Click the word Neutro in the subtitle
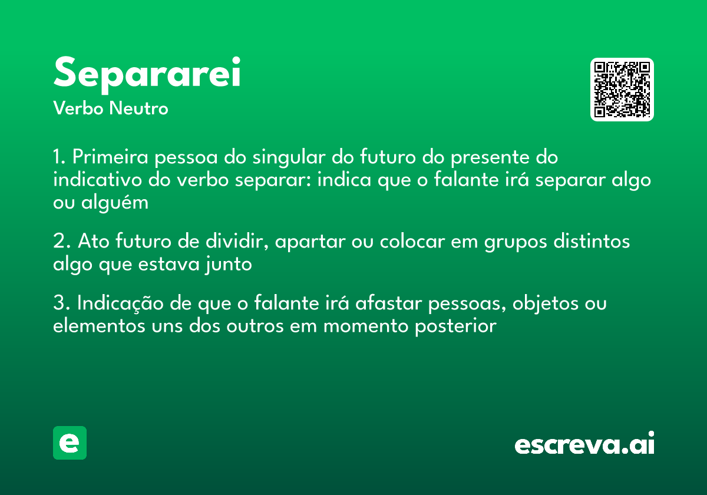138,108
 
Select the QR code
622,90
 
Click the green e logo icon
70,443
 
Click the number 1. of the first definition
60,158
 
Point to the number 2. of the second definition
61,242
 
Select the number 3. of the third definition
61,304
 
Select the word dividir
239,242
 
